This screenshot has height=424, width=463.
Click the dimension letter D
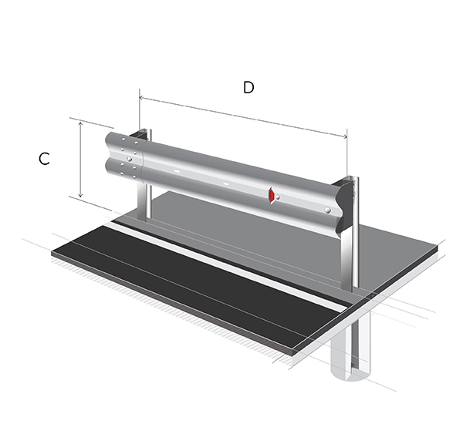(248, 87)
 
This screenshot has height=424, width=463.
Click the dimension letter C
(44, 159)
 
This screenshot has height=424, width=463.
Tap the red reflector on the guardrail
(272, 195)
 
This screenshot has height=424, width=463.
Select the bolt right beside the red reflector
(278, 197)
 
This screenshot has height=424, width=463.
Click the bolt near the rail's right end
(327, 210)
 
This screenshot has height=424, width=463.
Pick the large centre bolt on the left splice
(129, 159)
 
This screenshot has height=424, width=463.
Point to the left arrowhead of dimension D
(141, 97)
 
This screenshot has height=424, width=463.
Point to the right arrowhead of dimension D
(345, 136)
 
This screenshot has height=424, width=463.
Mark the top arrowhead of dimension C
(80, 124)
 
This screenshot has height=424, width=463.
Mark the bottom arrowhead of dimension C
(80, 195)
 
